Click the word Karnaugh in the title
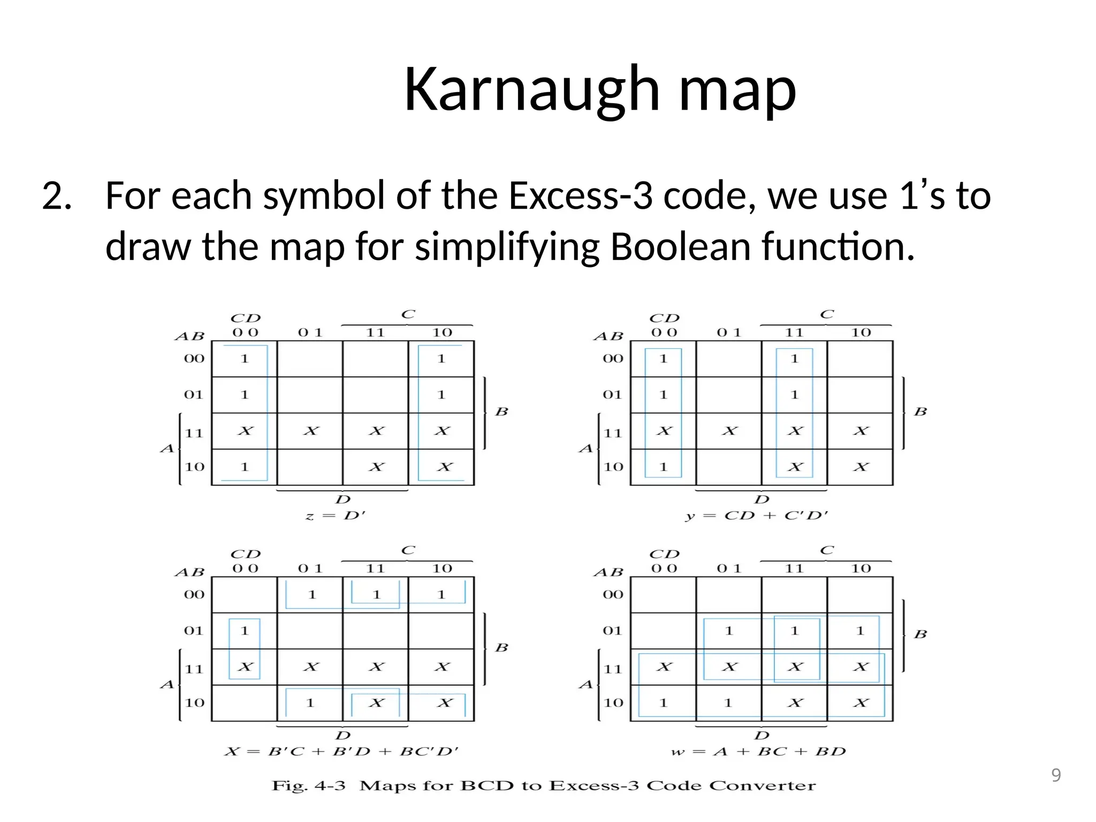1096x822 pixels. [531, 90]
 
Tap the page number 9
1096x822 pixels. [1056, 775]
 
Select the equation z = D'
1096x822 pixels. [336, 516]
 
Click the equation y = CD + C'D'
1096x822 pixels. [757, 516]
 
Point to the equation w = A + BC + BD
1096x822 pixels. [758, 752]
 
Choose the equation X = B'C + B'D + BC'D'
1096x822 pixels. [341, 752]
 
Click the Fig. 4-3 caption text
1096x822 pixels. [544, 786]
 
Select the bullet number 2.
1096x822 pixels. [56, 196]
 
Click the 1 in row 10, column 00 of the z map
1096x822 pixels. [245, 467]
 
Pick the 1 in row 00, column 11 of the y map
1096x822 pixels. [794, 359]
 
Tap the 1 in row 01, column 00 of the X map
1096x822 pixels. [245, 631]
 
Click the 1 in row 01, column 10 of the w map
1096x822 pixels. [860, 631]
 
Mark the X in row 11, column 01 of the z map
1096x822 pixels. [310, 431]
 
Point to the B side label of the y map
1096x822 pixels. [920, 412]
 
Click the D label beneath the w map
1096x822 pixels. [762, 736]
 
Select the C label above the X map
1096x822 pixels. [408, 550]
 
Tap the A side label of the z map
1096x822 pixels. [167, 448]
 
